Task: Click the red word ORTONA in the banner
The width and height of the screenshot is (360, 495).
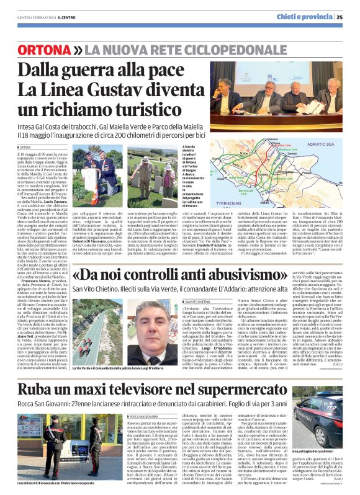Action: tap(44, 49)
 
